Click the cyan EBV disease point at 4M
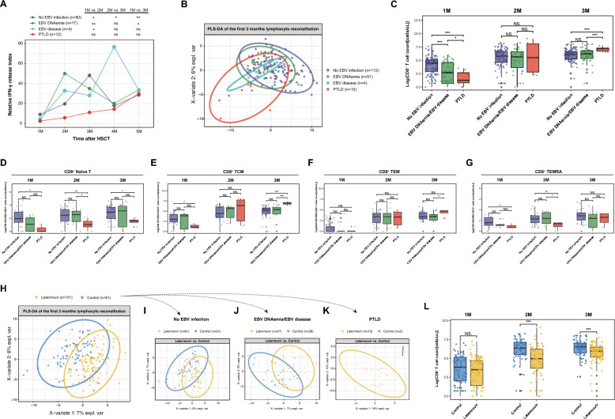click(x=115, y=47)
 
